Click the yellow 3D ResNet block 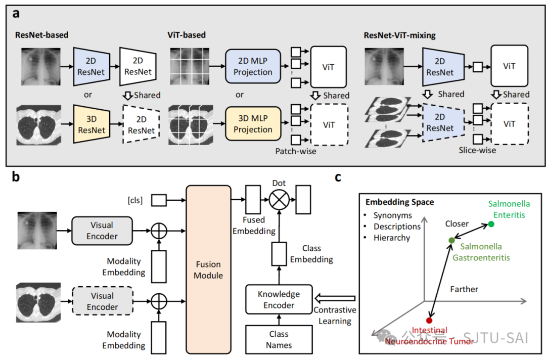coord(92,125)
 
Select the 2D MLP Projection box coord(253,66)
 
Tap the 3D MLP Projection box coord(253,123)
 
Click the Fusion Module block coord(208,269)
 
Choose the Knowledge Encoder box coord(279,299)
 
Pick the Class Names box coord(279,339)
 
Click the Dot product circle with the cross coord(279,200)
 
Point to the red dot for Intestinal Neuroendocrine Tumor coord(429,321)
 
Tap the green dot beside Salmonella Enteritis coord(491,224)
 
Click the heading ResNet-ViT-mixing coord(399,35)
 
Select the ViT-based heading coord(186,35)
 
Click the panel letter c coord(338,177)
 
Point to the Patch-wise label coord(296,151)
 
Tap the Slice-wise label coord(477,150)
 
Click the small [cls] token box coord(159,200)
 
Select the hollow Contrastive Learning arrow coord(335,298)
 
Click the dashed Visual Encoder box coord(102,301)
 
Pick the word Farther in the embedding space coord(464,289)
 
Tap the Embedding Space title coord(400,202)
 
